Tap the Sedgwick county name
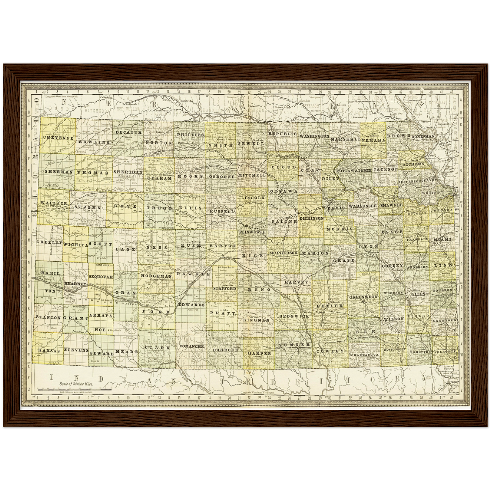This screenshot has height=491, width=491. click(x=294, y=316)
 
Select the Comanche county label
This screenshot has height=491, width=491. click(x=192, y=347)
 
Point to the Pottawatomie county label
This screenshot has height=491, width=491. click(x=353, y=170)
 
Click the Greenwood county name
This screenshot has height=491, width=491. click(x=364, y=297)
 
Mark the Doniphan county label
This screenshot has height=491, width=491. click(x=423, y=136)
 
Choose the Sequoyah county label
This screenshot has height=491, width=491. click(x=101, y=277)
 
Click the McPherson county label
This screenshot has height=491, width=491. click(x=283, y=253)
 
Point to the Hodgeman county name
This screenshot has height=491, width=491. click(x=157, y=277)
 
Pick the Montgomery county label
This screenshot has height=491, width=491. click(x=394, y=349)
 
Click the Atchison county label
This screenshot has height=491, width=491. click(x=414, y=164)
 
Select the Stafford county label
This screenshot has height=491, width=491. click(x=225, y=288)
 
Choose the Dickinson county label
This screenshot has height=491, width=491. click(x=312, y=218)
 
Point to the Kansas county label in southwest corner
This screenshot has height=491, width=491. click(x=49, y=350)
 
